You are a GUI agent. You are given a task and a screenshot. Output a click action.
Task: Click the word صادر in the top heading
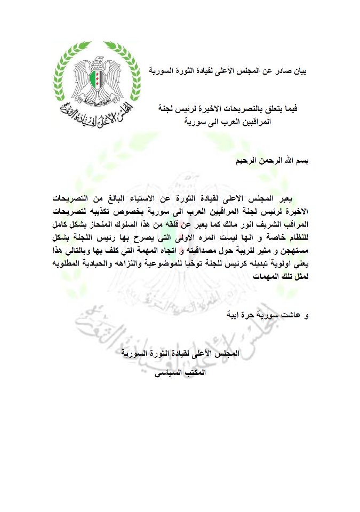281,70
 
